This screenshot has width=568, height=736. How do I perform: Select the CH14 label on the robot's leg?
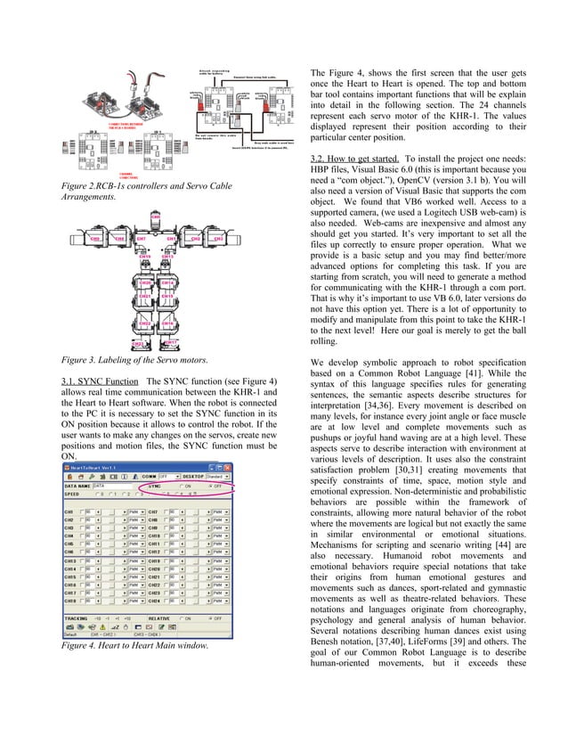(x=168, y=282)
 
